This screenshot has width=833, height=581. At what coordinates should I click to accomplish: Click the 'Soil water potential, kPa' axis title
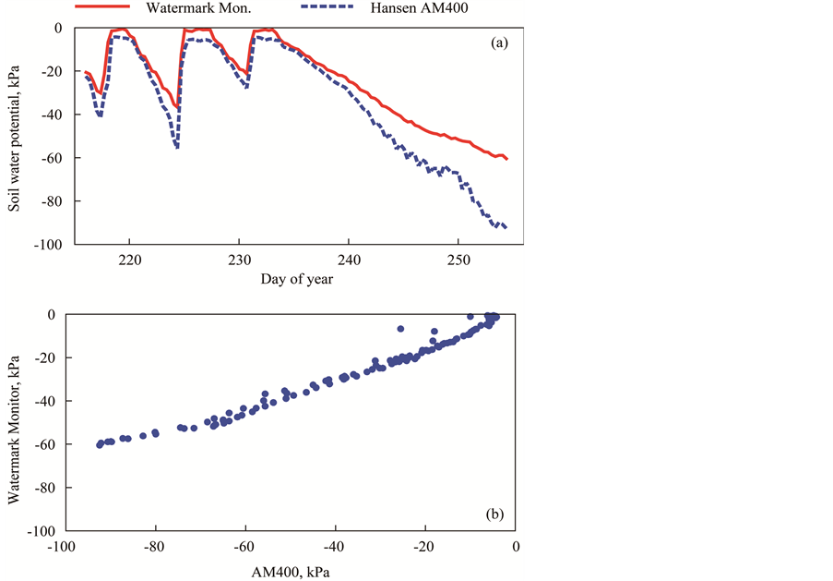click(x=15, y=137)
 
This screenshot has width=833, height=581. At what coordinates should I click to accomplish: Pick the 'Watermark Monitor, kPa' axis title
click(x=15, y=422)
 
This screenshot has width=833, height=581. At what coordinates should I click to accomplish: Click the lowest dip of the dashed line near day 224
click(x=177, y=147)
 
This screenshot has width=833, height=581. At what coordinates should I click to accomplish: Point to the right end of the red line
click(x=507, y=159)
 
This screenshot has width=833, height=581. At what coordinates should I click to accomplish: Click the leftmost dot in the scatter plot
click(x=100, y=445)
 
